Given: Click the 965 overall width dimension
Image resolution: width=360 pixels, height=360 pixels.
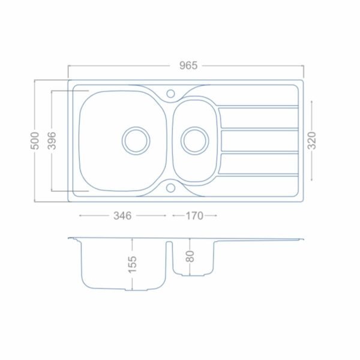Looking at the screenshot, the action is (188, 65).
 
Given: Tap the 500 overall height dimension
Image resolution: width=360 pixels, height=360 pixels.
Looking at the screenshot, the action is (35, 141).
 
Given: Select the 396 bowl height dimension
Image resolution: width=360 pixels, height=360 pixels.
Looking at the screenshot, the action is (52, 140).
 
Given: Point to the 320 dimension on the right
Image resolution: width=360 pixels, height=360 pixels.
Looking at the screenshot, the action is (312, 140).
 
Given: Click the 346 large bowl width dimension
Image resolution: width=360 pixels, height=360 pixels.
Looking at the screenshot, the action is (122, 216).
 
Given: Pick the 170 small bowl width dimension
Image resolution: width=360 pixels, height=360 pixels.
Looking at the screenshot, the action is (194, 216).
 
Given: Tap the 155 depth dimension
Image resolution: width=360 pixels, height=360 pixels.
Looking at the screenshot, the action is (132, 265).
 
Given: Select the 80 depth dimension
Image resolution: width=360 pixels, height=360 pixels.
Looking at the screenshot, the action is (190, 256).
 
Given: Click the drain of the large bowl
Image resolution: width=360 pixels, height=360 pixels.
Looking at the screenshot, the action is (136, 141).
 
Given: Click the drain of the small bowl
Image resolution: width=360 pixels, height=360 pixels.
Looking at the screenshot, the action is (195, 141).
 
